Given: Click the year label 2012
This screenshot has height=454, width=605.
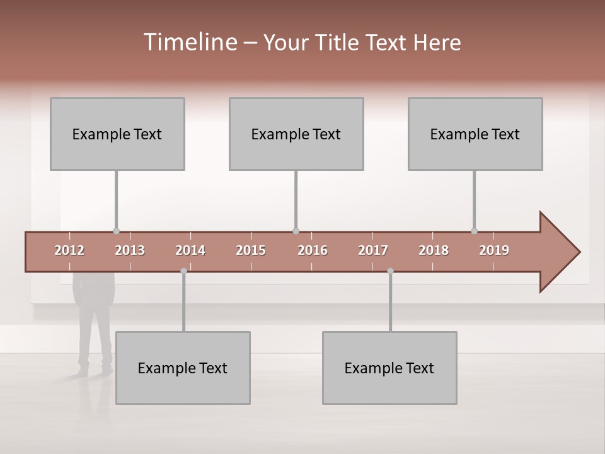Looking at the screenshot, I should coord(69,250).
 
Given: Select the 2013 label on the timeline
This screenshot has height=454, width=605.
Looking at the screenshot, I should coord(130,250).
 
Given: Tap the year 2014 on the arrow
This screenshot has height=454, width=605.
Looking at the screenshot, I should coord(190,250).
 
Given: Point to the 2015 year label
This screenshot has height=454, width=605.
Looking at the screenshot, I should coord(251,250).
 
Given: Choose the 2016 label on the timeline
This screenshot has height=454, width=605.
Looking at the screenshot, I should coord(313,250).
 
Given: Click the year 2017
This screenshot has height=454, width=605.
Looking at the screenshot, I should coord(373,250).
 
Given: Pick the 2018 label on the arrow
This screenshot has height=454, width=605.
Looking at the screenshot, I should coord(434,250).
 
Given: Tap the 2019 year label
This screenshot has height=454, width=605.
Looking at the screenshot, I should coord(494,250).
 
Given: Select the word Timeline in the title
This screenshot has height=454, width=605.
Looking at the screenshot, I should coord(190,42).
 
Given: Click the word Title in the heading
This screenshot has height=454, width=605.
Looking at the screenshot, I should coord(337,42).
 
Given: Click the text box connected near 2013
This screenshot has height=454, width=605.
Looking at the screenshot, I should coord(117,134).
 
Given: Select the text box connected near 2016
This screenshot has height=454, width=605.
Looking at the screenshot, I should coord(296,134).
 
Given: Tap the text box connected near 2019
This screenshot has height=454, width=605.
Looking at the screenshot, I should coord(475,134).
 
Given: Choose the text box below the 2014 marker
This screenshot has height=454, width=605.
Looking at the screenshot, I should coord(183,368).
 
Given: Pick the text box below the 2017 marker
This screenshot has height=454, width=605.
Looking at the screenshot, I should coord(389,368).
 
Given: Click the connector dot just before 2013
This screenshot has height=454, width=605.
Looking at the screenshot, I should coord(116,231).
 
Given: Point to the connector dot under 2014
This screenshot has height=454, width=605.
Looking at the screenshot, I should coord(183,271).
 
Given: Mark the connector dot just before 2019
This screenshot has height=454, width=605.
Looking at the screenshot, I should coord(474,231).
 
